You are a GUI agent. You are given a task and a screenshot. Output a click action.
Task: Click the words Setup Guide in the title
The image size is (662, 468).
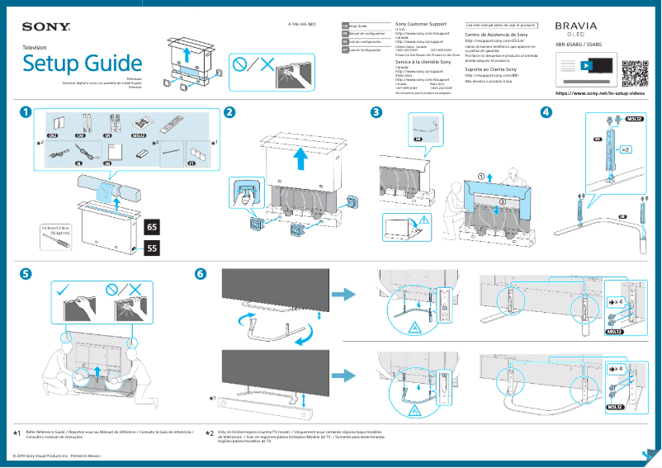[81, 64]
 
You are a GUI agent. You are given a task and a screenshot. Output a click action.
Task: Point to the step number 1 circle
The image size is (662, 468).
[27, 112]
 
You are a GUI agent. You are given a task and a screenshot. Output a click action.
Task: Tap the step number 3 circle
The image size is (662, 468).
[376, 112]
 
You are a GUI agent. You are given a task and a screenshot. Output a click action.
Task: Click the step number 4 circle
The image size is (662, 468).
[546, 112]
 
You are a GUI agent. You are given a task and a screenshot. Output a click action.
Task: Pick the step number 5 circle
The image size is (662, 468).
[27, 273]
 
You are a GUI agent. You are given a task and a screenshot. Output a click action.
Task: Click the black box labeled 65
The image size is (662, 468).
[152, 226]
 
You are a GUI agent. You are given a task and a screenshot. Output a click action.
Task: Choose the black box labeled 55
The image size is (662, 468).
[152, 247]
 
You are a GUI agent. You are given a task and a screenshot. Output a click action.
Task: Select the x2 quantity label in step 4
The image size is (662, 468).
[626, 150]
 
